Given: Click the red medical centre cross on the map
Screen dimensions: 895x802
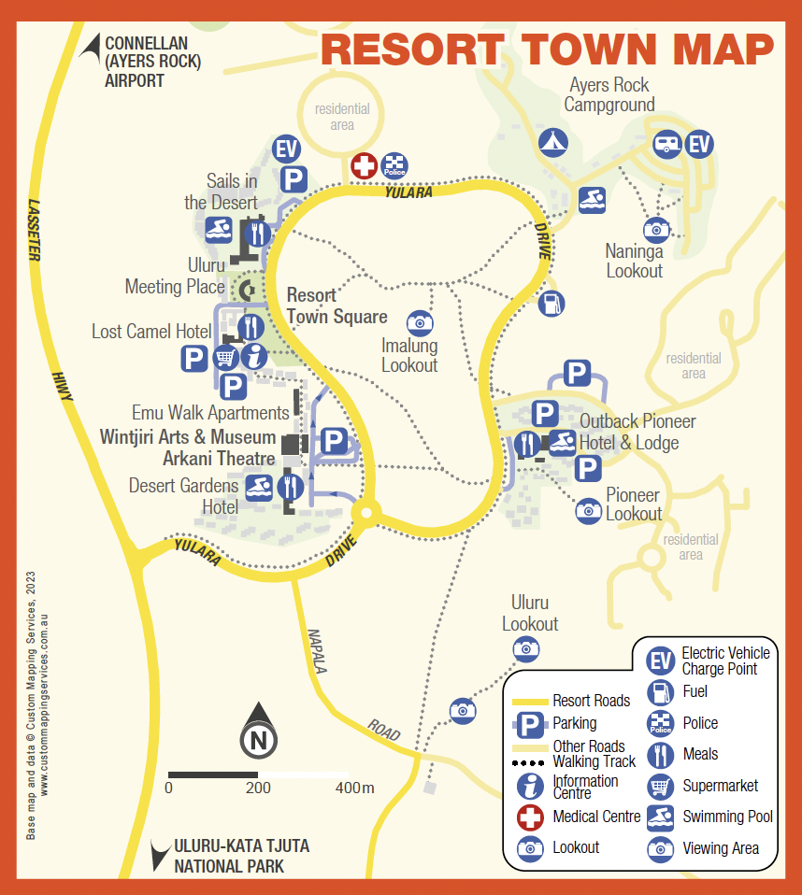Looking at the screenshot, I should click(x=364, y=167).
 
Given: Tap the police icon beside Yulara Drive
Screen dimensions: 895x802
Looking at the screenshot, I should click(x=394, y=167).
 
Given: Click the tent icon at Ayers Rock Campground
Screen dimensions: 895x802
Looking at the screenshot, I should click(x=552, y=142).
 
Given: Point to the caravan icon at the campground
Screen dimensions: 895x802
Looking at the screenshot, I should click(x=667, y=144).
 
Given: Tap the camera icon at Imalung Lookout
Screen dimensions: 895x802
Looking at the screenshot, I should click(x=420, y=322).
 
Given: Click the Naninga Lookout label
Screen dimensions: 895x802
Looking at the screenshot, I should click(x=634, y=262).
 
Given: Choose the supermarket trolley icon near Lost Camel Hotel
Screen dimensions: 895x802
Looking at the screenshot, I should click(x=225, y=357).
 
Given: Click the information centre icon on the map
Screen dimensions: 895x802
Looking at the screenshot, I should click(x=253, y=356).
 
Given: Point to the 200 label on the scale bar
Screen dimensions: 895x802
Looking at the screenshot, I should click(x=258, y=788).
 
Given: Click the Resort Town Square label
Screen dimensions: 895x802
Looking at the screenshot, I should click(x=337, y=306).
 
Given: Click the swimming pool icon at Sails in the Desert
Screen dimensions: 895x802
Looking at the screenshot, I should click(x=219, y=230).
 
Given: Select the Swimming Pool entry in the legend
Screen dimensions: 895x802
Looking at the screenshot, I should click(x=727, y=817).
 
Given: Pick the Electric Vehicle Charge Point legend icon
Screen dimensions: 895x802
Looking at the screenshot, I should click(x=661, y=661).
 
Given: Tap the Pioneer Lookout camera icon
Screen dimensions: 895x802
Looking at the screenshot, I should click(x=588, y=510).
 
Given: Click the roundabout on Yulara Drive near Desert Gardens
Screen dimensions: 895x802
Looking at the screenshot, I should click(x=365, y=512).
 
